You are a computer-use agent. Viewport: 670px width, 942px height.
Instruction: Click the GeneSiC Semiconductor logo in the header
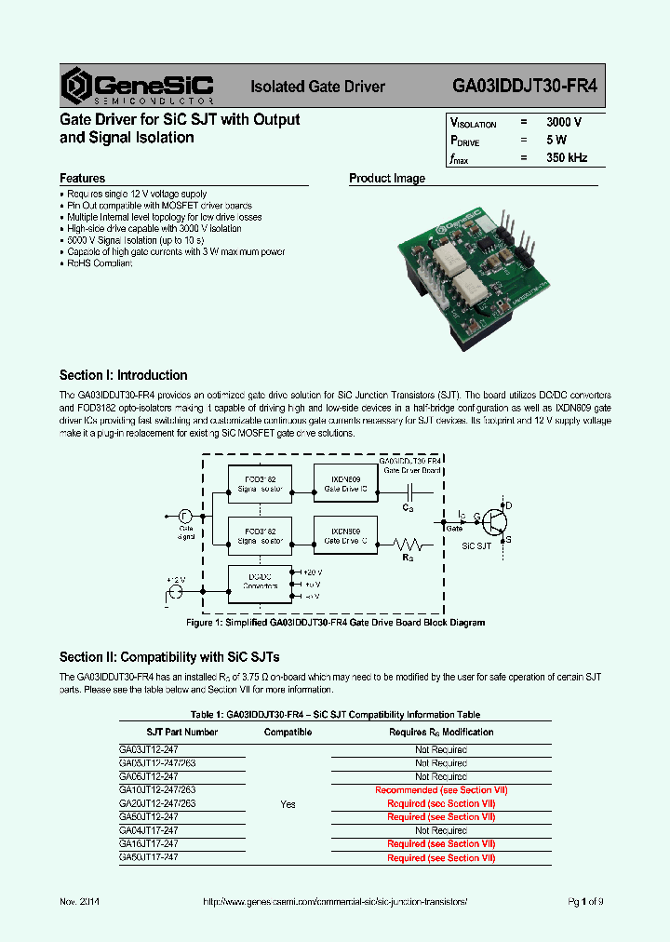click(x=138, y=86)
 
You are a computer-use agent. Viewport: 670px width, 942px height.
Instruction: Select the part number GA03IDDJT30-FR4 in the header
click(x=525, y=87)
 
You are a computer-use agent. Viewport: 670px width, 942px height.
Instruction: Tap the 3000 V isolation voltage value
click(x=564, y=123)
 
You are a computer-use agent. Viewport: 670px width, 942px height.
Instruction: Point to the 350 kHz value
click(x=567, y=158)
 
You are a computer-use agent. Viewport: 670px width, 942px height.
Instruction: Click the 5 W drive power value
click(x=556, y=141)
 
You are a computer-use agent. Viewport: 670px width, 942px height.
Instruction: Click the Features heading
click(x=83, y=178)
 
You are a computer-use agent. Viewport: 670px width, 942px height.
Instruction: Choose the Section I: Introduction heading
click(x=123, y=375)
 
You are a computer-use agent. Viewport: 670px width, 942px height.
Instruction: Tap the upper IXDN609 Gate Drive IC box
click(x=345, y=483)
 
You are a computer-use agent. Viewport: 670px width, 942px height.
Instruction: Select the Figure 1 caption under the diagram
click(x=335, y=623)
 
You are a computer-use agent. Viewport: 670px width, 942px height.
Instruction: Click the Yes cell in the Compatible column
click(x=288, y=803)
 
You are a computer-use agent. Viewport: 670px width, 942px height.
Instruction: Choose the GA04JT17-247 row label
click(x=149, y=830)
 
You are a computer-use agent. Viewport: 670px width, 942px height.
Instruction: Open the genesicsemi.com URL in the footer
click(x=335, y=903)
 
